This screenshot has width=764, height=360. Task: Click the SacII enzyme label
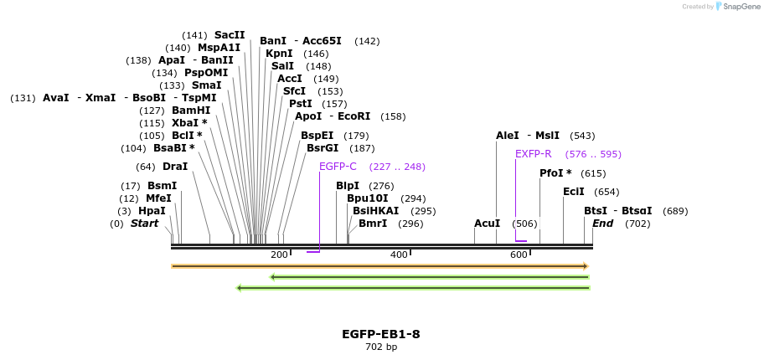pos(230,35)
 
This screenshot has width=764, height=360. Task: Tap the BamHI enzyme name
pos(191,111)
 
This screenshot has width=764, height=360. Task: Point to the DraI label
pos(175,167)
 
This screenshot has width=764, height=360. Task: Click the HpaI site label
pos(152,211)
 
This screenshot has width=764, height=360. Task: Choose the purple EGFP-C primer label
pos(338,167)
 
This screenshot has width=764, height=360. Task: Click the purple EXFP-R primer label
pos(534,154)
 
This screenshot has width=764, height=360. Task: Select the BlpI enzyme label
pos(348,186)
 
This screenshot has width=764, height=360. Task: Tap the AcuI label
pos(488,224)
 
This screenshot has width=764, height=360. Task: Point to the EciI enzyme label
pos(574,192)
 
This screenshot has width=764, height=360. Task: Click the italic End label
pos(602,224)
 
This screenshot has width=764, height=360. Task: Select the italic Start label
pos(144,224)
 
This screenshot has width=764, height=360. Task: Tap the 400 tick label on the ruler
pos(399,255)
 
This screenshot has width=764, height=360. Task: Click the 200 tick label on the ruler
pos(279,255)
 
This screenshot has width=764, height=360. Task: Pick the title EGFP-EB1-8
pos(381,335)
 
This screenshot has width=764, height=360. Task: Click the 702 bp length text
pos(381,347)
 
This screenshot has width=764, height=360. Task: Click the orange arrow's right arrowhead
pos(586,266)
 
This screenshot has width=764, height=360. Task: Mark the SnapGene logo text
pos(742,7)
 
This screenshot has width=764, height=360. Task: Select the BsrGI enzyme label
pos(322,147)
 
